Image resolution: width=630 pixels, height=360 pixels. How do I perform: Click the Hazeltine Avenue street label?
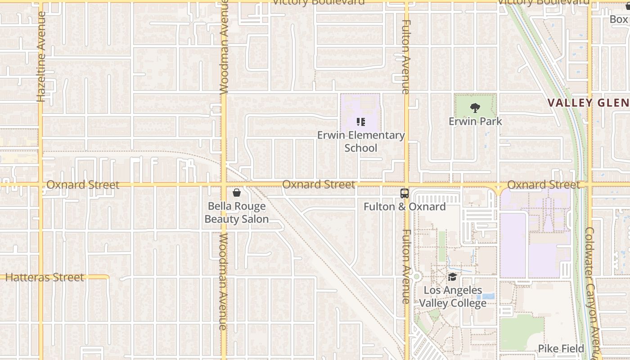(x=41, y=57)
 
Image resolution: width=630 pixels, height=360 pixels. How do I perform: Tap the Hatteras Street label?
(x=45, y=277)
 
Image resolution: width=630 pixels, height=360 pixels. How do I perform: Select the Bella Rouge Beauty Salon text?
(x=237, y=213)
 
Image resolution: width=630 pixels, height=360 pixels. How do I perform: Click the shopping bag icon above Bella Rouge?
(x=237, y=193)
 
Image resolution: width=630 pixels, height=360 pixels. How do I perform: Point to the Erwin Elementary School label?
(x=361, y=141)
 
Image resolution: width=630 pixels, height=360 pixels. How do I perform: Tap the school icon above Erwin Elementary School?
(x=360, y=121)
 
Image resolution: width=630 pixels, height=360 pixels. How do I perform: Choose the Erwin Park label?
(x=475, y=121)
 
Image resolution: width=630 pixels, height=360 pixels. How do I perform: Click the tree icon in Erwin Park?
(x=475, y=108)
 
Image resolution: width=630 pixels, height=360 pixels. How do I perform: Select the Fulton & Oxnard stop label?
(x=405, y=207)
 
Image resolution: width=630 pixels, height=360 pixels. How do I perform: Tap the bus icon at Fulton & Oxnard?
(x=405, y=193)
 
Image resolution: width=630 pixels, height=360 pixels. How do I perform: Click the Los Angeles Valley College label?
(x=453, y=297)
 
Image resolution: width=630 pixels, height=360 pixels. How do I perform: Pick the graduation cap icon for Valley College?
(x=452, y=277)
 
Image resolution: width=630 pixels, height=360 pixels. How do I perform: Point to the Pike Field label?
(x=561, y=348)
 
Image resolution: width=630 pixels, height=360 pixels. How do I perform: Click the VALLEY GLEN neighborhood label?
(x=588, y=103)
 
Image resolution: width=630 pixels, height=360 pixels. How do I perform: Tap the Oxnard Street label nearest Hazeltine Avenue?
(x=83, y=185)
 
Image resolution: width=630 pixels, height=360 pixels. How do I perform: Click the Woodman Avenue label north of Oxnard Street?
(x=224, y=47)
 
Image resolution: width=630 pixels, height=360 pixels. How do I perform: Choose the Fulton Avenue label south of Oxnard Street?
(x=406, y=266)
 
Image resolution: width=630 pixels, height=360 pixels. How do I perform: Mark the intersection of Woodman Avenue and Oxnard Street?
(x=224, y=184)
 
